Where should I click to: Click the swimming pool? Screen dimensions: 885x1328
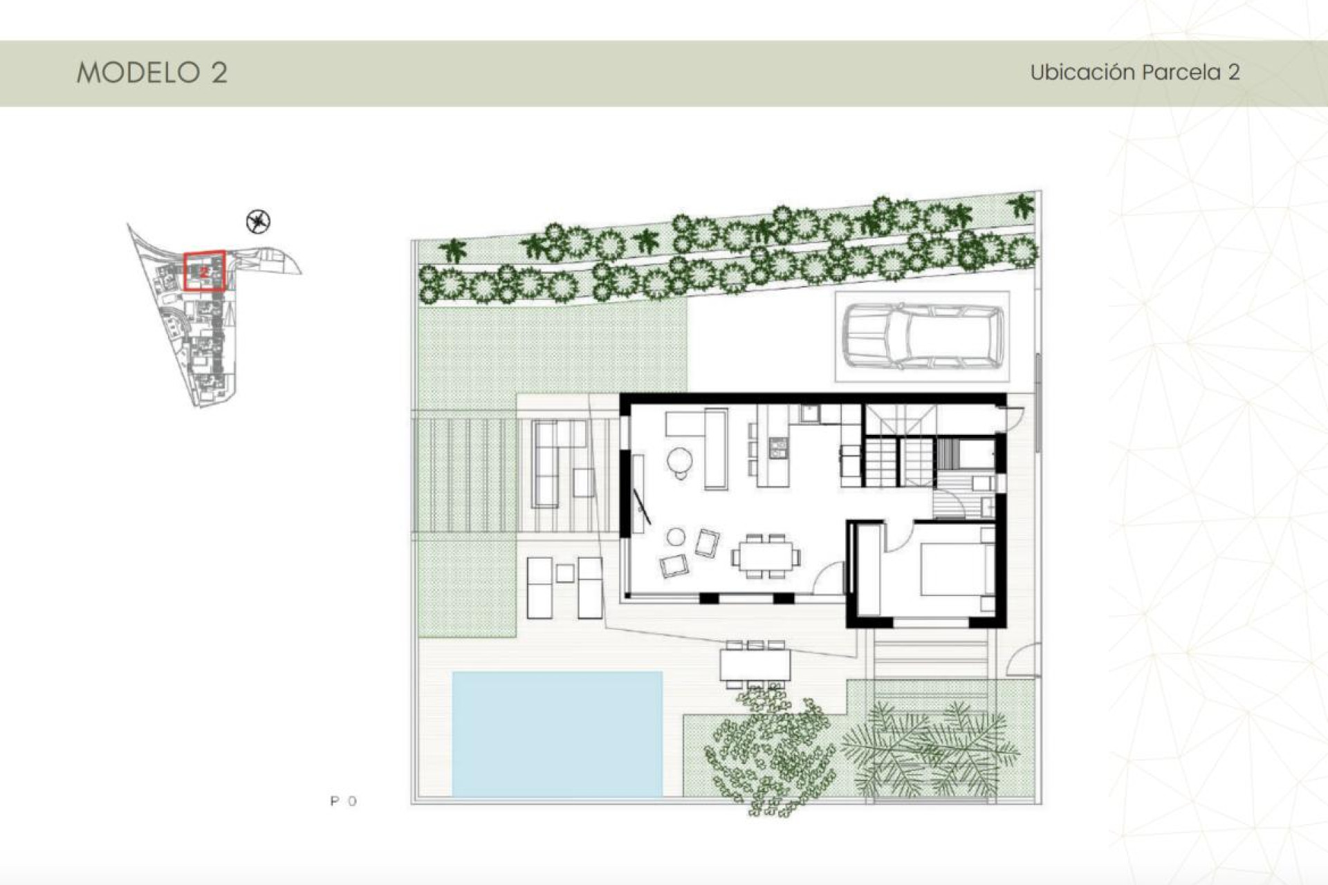(x=557, y=733)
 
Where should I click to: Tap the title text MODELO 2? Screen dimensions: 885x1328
(x=151, y=73)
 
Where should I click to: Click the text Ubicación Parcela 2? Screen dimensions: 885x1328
(x=1134, y=73)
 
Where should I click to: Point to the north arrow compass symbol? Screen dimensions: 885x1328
(x=258, y=221)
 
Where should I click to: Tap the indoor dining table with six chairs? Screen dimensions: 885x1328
(x=766, y=556)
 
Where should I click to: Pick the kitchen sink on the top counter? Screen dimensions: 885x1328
(x=808, y=414)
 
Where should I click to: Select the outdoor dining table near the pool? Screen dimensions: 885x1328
(x=755, y=665)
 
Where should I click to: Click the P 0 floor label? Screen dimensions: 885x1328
(x=344, y=801)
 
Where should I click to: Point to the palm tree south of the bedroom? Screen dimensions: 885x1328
(x=927, y=750)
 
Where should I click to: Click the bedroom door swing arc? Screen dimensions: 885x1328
(x=899, y=537)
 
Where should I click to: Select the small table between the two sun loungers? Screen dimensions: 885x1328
(x=565, y=572)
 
